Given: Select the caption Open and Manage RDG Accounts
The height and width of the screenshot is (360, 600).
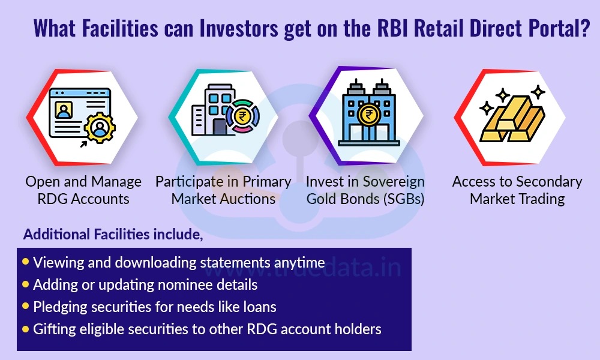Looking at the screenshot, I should (83, 190).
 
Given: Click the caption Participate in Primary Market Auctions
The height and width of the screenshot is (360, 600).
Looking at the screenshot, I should (223, 190).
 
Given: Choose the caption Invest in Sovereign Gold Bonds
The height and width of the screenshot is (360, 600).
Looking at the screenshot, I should (365, 190).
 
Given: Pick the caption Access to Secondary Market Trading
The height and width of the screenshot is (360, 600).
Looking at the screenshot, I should (517, 190).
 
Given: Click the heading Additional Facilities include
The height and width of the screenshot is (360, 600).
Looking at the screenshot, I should (113, 235).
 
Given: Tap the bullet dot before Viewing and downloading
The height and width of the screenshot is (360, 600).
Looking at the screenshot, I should (26, 262).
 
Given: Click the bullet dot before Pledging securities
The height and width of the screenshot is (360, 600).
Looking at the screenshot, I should (26, 306).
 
